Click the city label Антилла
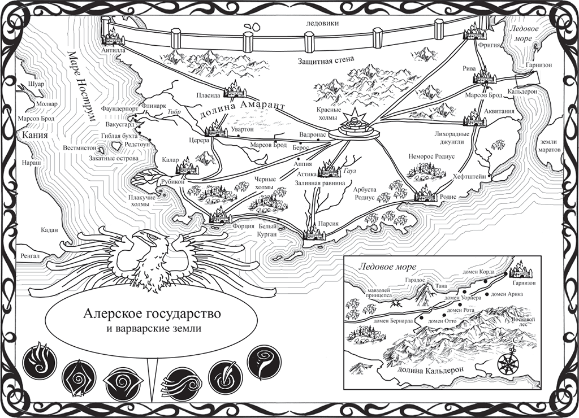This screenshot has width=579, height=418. (114, 50)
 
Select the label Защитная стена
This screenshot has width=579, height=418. (326, 59)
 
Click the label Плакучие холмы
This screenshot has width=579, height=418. (142, 201)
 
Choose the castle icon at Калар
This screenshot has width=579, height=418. (187, 167)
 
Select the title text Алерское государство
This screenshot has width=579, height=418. (152, 314)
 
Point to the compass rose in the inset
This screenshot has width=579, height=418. (508, 360)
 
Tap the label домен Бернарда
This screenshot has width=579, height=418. (393, 321)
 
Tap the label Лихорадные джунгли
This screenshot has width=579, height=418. (452, 138)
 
